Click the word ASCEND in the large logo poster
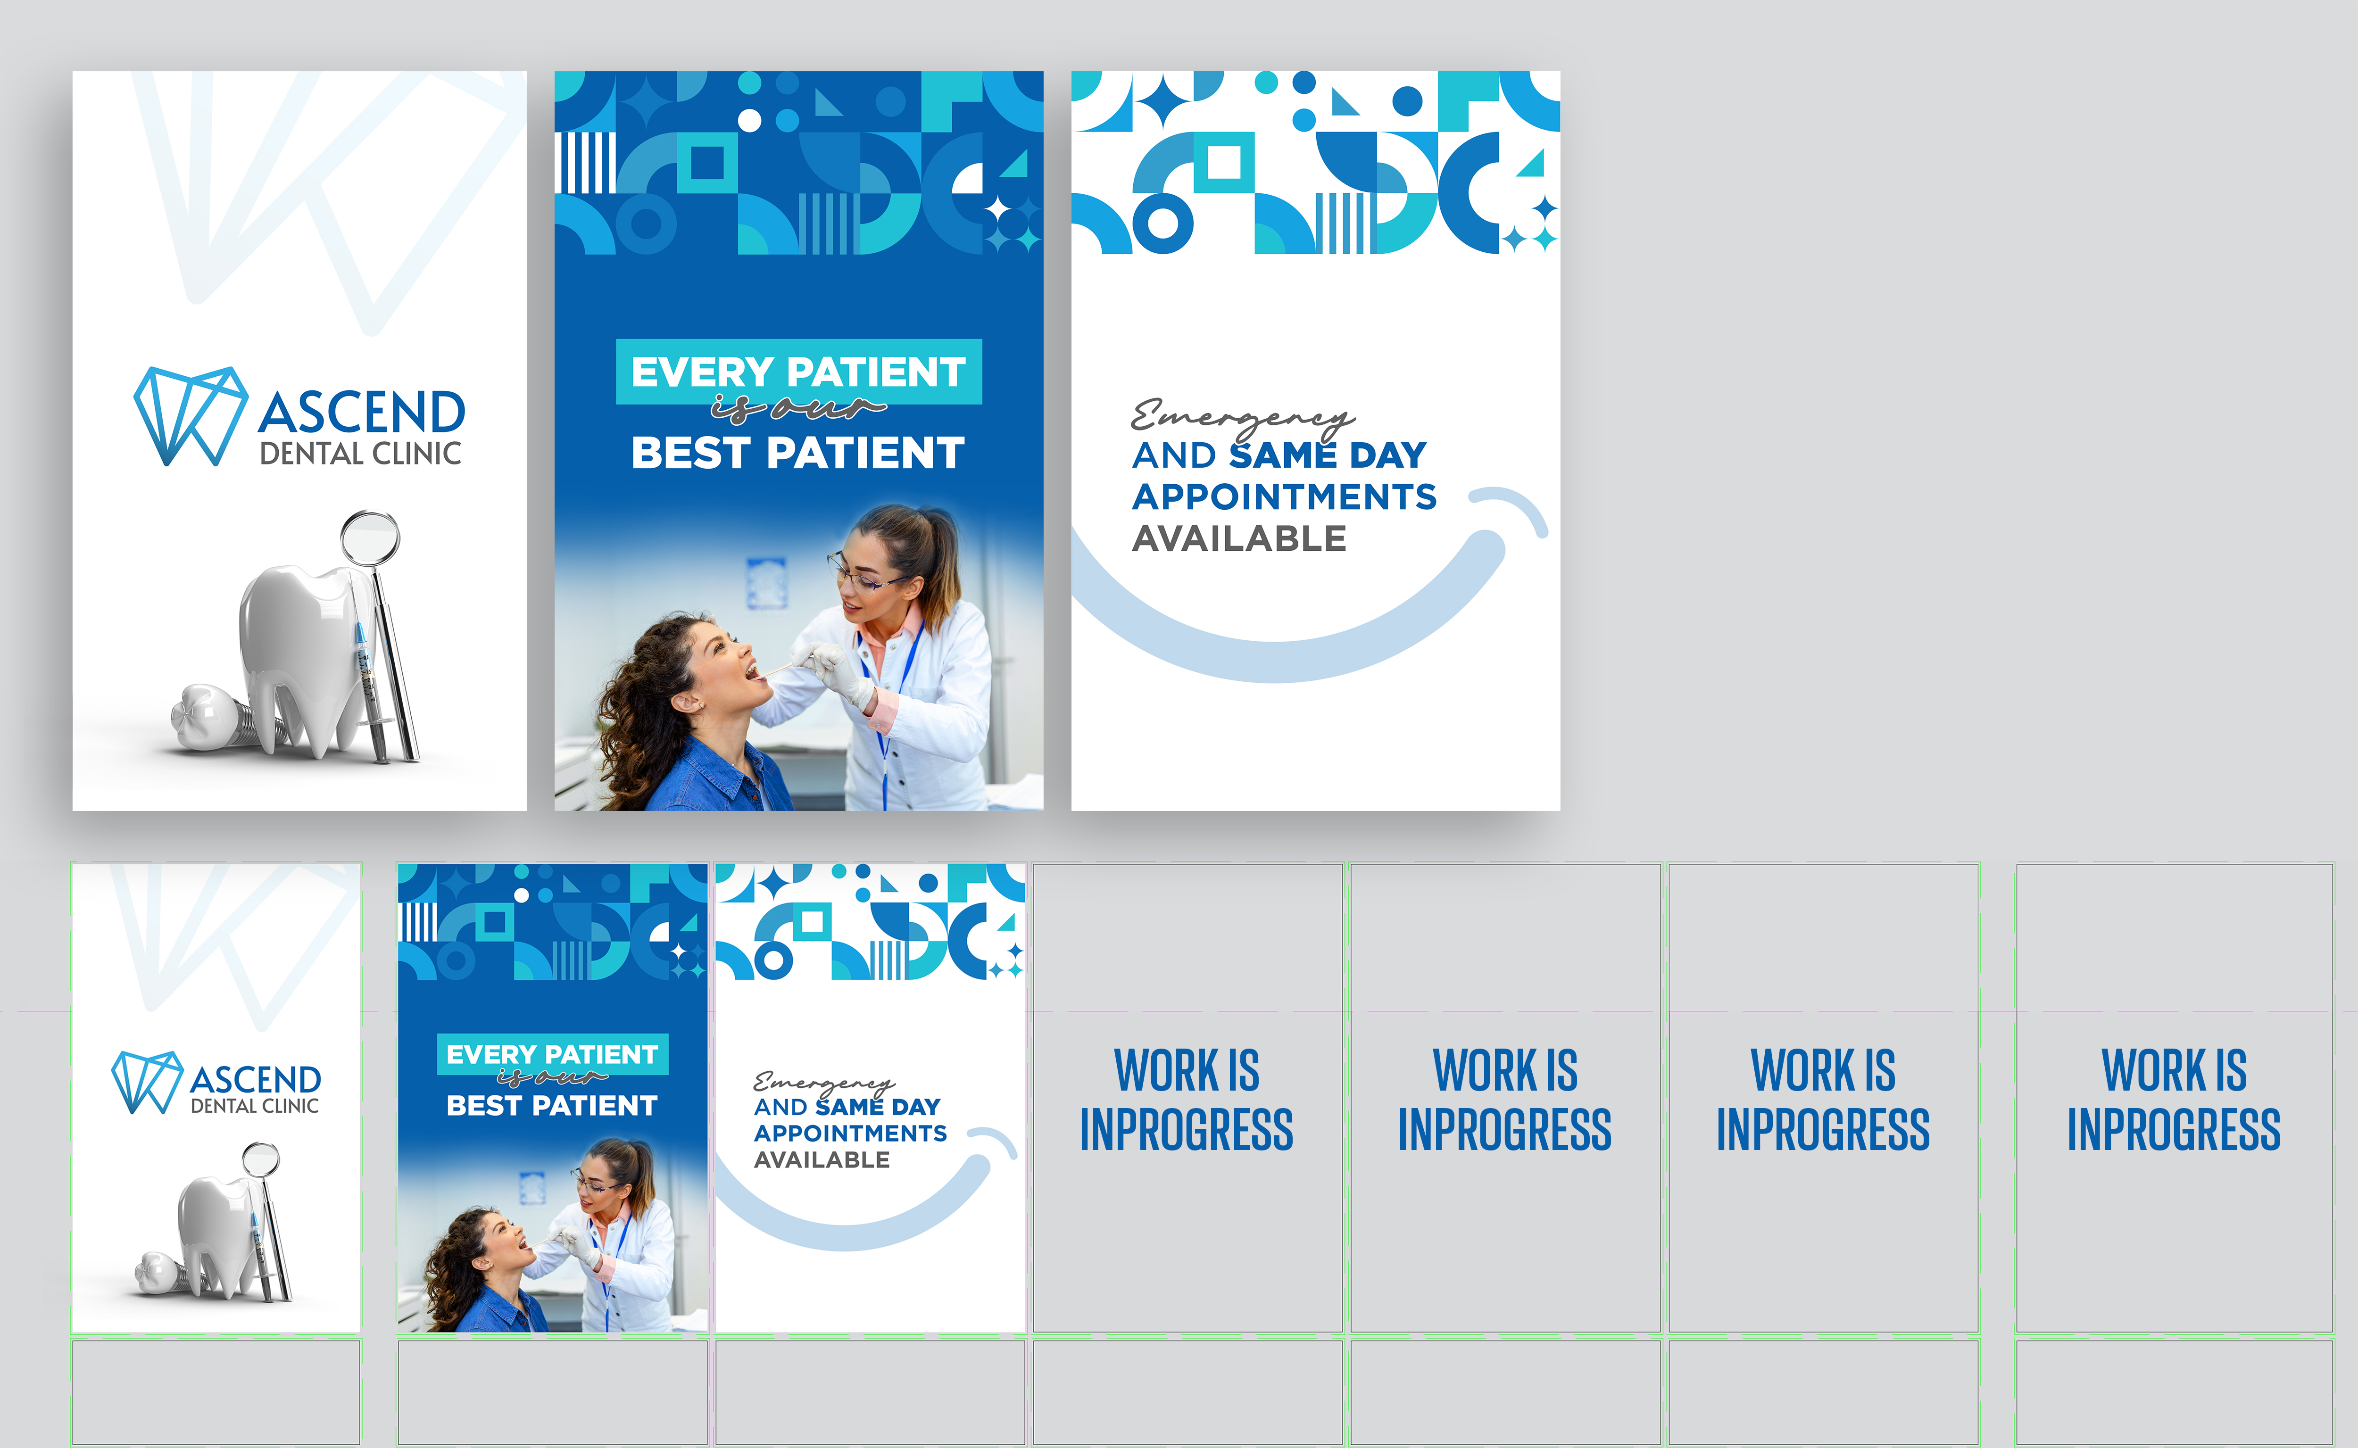coord(361,413)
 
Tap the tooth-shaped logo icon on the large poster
coord(191,415)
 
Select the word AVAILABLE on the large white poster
coord(1239,539)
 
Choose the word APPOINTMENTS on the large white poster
coord(1284,497)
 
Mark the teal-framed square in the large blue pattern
coord(708,162)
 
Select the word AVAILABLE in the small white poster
coord(822,1160)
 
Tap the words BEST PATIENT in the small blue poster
coord(552,1106)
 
